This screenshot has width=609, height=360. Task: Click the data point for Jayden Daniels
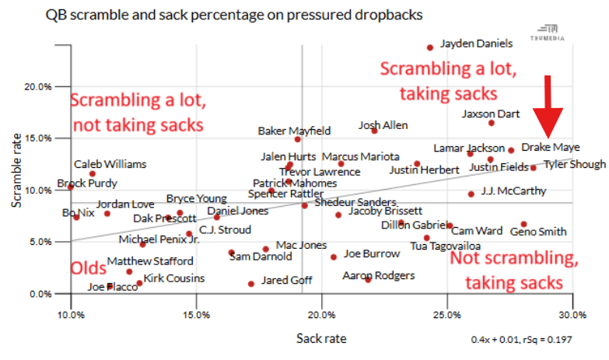(x=430, y=47)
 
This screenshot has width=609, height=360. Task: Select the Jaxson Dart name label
(x=491, y=114)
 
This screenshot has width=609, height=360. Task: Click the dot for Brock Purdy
(x=71, y=187)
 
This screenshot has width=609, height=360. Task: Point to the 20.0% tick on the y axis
(x=39, y=86)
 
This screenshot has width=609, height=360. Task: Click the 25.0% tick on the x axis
(x=447, y=314)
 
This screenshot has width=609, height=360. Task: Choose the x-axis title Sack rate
(x=321, y=338)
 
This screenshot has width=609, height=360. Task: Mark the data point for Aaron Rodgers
(x=368, y=279)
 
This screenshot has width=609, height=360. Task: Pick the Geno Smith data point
(x=524, y=224)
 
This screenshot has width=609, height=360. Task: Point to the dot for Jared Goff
(x=251, y=284)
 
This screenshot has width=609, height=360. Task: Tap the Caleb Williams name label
(x=110, y=164)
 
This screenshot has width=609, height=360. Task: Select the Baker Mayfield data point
(x=298, y=139)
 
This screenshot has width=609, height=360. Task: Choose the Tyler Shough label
(x=574, y=164)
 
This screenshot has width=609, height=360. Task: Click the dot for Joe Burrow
(x=334, y=257)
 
